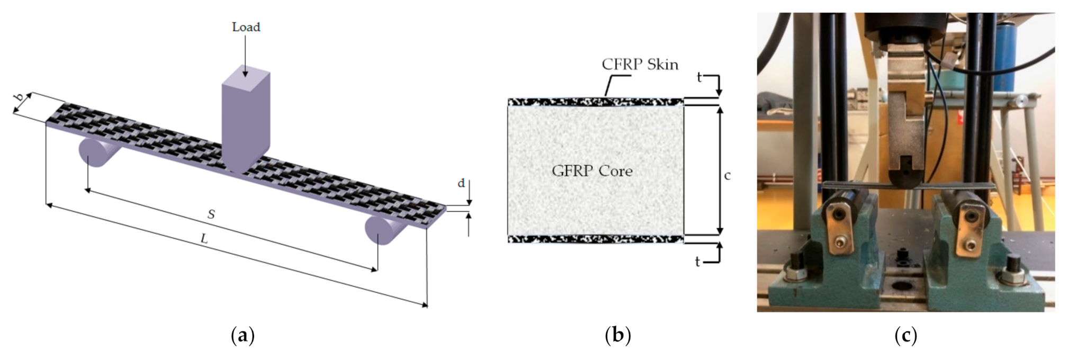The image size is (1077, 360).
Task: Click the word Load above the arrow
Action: pos(246,27)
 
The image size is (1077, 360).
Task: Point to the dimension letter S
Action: pos(211,214)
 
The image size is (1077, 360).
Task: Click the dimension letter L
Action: pos(204,239)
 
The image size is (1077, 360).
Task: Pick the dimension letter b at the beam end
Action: pos(20,98)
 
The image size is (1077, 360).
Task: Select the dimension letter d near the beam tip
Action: pos(461,183)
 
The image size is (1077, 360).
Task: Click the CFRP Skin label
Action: pos(640,65)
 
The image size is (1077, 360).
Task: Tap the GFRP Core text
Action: pos(592,171)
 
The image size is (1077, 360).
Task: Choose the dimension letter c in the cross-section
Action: pos(728,175)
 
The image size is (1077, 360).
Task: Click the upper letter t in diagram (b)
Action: pos(699,78)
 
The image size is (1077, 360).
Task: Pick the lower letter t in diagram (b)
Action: pos(698,262)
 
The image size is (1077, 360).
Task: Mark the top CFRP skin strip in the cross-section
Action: pos(595,102)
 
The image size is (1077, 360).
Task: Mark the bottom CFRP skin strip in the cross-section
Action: pos(595,239)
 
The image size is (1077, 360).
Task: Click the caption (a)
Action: pos(243,336)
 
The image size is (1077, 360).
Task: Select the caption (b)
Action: pos(617,336)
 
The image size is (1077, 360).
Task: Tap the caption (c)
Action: pos(905,336)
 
